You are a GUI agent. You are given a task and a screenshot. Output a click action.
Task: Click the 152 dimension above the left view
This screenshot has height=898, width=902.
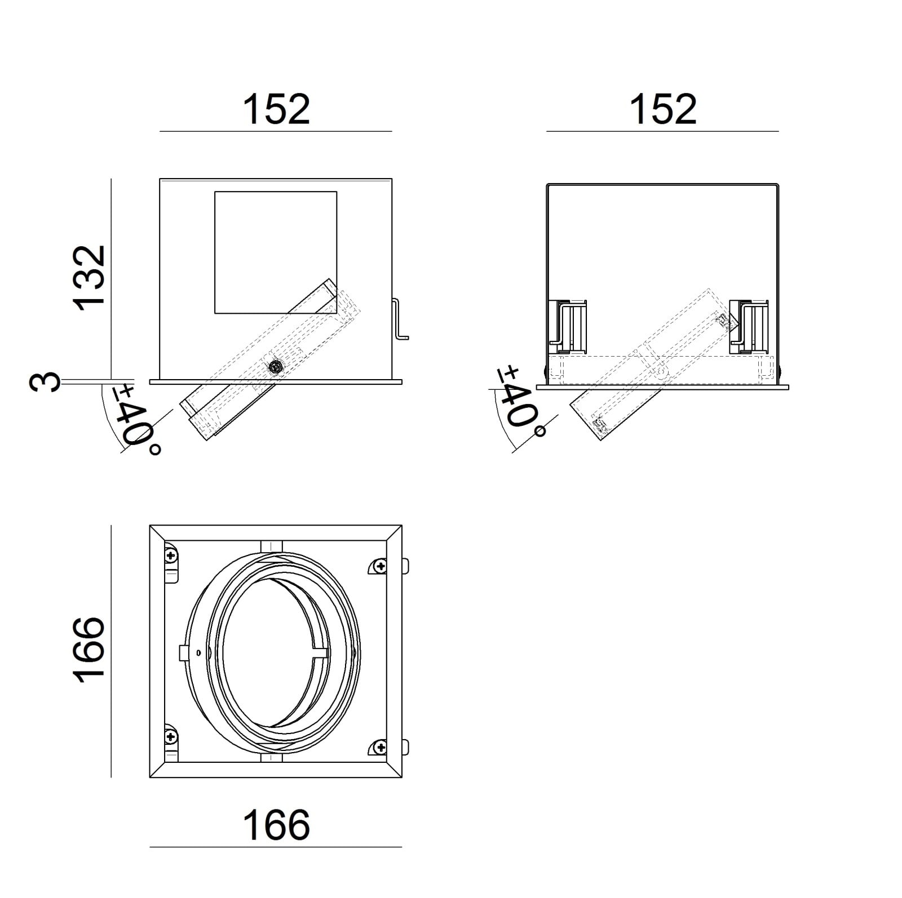point(276,109)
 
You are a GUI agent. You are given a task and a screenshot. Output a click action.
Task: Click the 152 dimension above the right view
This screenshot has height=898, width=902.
point(663,109)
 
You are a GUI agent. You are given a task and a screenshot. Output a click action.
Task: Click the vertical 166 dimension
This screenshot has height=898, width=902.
point(89,650)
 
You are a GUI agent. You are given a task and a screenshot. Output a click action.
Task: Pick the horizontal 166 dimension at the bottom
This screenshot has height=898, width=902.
point(276,825)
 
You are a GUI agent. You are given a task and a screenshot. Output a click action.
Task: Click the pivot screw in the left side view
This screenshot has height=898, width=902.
point(276,367)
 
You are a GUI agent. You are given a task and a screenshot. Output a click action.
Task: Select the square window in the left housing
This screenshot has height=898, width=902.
point(276,252)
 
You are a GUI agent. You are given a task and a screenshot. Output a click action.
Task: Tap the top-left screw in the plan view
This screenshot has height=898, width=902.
point(171,556)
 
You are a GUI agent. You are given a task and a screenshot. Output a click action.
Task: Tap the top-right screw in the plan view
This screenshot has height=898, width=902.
point(381,566)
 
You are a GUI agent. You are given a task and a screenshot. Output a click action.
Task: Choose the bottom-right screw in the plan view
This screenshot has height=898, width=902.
point(381,747)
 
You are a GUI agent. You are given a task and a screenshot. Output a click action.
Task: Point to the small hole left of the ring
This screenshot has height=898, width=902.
point(198,653)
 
